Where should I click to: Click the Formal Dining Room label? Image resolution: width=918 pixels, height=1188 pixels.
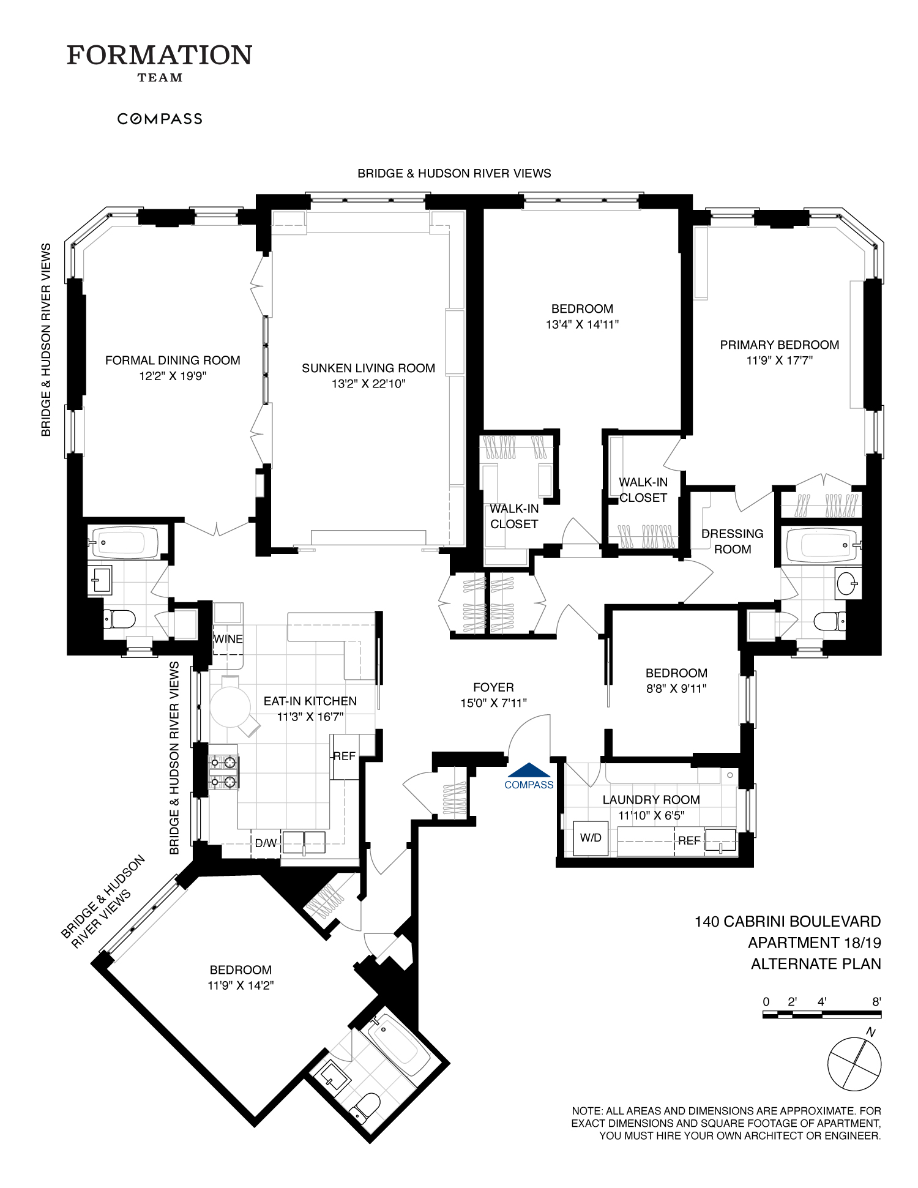pyautogui.click(x=173, y=361)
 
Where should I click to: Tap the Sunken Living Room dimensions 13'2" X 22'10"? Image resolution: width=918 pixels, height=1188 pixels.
pyautogui.click(x=368, y=384)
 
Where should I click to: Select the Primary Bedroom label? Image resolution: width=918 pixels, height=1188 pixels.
pyautogui.click(x=779, y=345)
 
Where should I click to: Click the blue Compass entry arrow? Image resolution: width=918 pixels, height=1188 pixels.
pyautogui.click(x=529, y=769)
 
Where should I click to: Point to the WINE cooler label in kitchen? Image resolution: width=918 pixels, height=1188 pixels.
pyautogui.click(x=228, y=639)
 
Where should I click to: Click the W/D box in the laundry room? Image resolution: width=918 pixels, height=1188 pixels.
pyautogui.click(x=591, y=838)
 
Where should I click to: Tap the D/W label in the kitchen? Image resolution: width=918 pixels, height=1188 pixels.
pyautogui.click(x=266, y=843)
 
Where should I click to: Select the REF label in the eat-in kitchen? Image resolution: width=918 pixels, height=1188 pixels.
pyautogui.click(x=344, y=756)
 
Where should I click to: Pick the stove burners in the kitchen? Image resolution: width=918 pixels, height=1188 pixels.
pyautogui.click(x=223, y=772)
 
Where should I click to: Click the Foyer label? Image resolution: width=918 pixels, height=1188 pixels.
pyautogui.click(x=493, y=687)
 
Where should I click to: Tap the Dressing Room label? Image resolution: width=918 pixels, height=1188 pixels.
pyautogui.click(x=733, y=541)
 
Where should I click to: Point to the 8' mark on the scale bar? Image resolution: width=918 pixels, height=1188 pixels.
pyautogui.click(x=876, y=1002)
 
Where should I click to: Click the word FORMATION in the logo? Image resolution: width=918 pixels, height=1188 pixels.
pyautogui.click(x=159, y=55)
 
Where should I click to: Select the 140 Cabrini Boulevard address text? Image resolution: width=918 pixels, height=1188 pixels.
pyautogui.click(x=788, y=921)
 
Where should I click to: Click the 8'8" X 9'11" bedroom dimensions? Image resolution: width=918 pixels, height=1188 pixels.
pyautogui.click(x=676, y=688)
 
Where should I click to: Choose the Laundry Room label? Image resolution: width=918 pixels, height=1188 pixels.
pyautogui.click(x=651, y=799)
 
